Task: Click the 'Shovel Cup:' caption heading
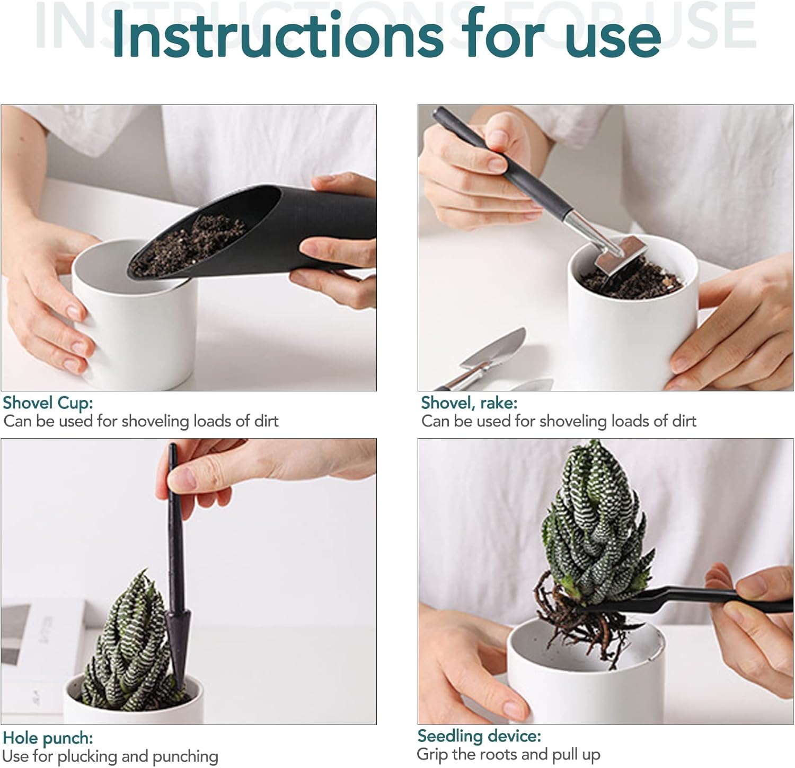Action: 48,403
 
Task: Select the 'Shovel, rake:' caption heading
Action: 469,403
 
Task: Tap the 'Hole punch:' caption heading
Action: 48,738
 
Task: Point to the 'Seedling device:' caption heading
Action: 479,736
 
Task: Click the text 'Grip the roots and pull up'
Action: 509,754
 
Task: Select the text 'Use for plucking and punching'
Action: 110,756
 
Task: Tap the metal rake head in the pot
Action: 616,254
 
